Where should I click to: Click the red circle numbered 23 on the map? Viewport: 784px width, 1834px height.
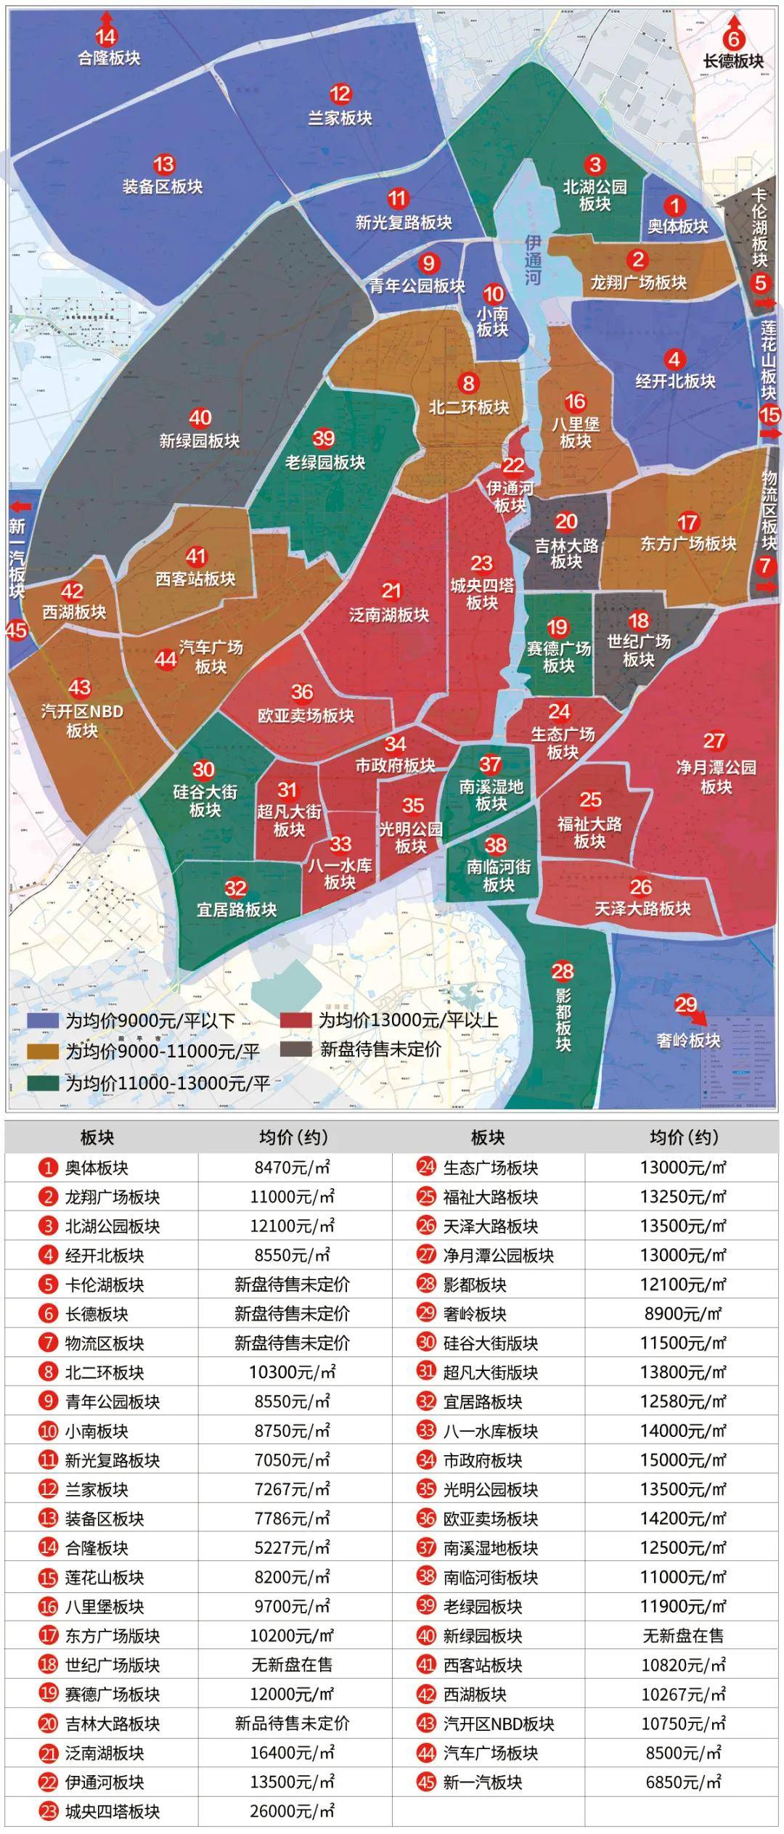481,563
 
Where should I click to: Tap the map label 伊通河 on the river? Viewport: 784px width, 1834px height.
534,259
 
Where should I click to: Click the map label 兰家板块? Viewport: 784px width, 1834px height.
340,118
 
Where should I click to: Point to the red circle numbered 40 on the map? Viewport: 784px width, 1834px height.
200,418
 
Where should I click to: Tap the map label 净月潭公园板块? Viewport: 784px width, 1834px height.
716,777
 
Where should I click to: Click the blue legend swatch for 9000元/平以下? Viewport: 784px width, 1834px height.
42,1020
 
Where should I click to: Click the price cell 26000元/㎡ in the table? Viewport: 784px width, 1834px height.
293,1812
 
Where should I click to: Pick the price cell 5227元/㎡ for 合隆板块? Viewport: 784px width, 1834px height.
293,1548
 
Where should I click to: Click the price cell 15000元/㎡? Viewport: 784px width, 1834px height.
682,1460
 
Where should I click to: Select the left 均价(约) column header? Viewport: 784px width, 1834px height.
293,1137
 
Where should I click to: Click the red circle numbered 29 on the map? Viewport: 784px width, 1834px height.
685,1005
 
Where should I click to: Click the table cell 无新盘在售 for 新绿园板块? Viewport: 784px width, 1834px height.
682,1636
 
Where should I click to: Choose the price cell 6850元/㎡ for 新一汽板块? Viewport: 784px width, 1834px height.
682,1782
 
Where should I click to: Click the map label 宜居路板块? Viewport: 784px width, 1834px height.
237,909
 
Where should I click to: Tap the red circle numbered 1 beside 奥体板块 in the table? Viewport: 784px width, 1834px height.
48,1168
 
